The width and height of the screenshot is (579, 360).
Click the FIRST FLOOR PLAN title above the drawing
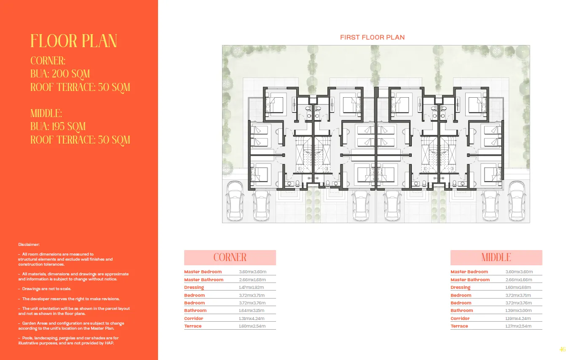(372, 37)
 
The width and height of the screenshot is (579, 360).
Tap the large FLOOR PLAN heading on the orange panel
(74, 41)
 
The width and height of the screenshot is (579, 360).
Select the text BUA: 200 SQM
(60, 74)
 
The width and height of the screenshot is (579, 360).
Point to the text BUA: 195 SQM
(58, 126)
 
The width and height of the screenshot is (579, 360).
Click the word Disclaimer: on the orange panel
(29, 244)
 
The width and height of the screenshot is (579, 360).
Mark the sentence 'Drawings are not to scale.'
(46, 289)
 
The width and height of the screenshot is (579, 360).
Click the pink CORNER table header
(230, 257)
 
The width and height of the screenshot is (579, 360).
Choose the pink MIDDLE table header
(496, 257)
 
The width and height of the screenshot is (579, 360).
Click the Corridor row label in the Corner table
(193, 319)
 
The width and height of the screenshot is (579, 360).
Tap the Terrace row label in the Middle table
(459, 326)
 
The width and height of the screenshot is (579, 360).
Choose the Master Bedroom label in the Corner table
(203, 272)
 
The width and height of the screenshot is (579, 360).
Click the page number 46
(562, 349)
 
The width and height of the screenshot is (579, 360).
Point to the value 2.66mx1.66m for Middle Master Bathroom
(519, 280)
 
